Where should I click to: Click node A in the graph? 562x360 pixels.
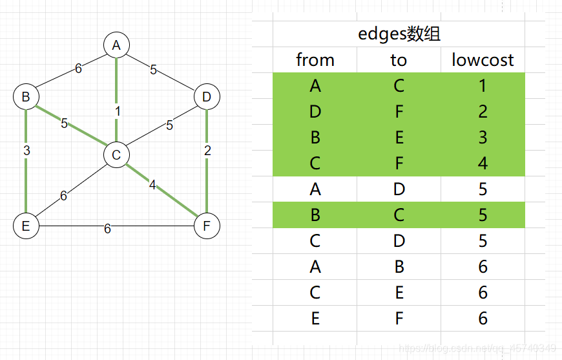pos(116,45)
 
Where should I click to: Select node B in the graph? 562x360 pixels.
pos(26,97)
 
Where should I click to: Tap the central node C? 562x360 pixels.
pos(116,155)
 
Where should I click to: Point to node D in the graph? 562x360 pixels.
pos(207,97)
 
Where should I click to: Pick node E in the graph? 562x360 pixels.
pos(26,226)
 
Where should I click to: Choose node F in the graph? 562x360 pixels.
pos(207,226)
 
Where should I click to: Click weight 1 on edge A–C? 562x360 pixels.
pos(118,112)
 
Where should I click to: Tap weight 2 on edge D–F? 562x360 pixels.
pos(207,151)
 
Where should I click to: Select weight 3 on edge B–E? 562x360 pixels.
pos(26,151)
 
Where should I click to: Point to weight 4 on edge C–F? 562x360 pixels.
pos(152,185)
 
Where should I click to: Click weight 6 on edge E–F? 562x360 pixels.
pos(107,229)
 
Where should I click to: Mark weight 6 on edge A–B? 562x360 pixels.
pos(78,69)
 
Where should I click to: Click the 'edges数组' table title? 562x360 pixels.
pos(399,34)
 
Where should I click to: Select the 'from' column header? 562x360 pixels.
pos(315,60)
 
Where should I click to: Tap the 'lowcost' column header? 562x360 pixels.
pos(483,60)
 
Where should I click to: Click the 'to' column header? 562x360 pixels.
pos(399,60)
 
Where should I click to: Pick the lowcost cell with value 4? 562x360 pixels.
pos(483,163)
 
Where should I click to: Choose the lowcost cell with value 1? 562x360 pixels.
pos(483,85)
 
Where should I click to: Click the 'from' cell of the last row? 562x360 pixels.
pos(315,318)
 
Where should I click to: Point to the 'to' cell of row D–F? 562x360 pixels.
pos(399,111)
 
